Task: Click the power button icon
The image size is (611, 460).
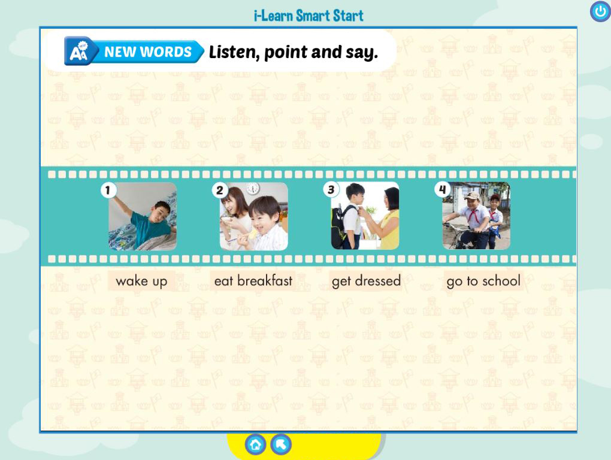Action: point(600,11)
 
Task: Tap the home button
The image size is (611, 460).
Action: point(256,444)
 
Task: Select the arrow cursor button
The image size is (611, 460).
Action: point(281,444)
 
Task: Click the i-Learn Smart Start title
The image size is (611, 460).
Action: point(308,16)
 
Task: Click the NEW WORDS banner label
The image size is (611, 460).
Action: point(148,52)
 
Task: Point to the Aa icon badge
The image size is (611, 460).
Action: point(78,51)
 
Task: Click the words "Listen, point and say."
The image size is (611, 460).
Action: point(294,52)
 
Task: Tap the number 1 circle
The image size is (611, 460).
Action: point(108,190)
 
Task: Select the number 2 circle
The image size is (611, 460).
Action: point(219,190)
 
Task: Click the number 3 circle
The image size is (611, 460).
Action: point(331,190)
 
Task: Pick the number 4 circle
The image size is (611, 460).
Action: point(442,190)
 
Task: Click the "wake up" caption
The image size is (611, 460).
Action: point(141,281)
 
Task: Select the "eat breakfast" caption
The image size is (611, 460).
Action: point(253,281)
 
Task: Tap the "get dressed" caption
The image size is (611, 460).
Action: point(366,281)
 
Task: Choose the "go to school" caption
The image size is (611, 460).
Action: point(483,281)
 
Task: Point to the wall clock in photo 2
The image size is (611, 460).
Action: point(253,189)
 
